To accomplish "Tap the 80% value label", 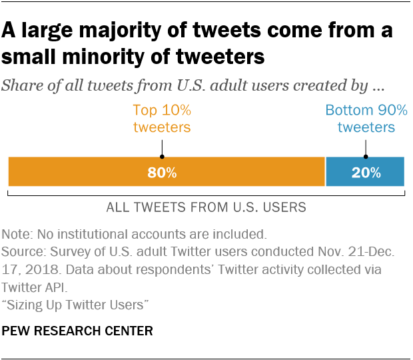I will (162, 173).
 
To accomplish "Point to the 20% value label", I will (366, 173).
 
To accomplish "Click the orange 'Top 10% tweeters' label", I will (162, 119).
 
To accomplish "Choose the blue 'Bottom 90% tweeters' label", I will (366, 119).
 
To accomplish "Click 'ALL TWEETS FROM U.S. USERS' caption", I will (206, 207).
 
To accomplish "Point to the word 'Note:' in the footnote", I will (18, 234).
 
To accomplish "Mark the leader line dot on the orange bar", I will (162, 157).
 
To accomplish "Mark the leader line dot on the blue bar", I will (366, 157).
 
